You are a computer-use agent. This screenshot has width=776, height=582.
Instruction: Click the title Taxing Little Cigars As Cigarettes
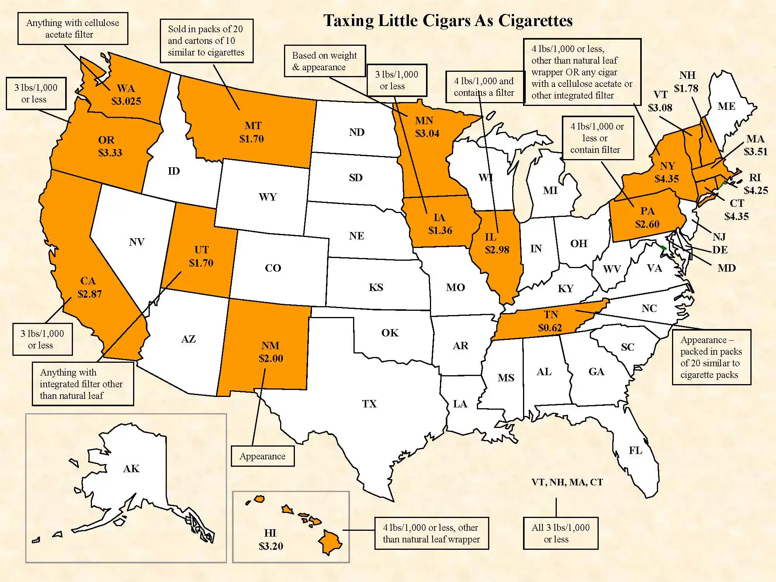(448, 21)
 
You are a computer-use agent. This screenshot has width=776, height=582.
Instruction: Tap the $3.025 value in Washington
(126, 101)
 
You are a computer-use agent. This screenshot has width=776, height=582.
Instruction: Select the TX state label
(369, 404)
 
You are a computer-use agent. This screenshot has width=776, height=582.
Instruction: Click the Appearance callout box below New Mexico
(262, 456)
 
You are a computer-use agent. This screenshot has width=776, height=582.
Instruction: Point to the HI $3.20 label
(270, 540)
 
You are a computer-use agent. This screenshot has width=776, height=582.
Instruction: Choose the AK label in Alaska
(131, 469)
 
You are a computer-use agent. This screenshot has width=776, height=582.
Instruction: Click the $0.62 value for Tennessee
(550, 328)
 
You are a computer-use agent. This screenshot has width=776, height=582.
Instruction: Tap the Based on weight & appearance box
(325, 61)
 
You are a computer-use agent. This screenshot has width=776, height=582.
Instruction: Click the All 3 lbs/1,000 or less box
(560, 533)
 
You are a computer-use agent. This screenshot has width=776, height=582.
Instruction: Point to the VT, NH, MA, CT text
(567, 482)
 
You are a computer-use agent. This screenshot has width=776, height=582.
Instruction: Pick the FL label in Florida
(635, 450)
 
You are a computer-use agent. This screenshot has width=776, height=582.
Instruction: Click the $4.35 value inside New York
(667, 179)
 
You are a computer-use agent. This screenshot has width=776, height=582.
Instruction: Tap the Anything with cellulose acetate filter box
(73, 28)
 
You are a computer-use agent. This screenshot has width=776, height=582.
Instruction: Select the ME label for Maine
(726, 106)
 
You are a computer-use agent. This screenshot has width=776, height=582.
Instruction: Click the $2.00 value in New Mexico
(271, 359)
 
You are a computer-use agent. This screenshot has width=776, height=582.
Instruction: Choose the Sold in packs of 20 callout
(206, 41)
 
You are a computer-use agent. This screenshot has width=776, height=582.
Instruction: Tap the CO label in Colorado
(273, 268)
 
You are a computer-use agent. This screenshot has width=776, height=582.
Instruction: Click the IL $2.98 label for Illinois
(496, 244)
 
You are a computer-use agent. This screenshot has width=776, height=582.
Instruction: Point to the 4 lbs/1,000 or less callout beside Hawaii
(431, 533)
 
